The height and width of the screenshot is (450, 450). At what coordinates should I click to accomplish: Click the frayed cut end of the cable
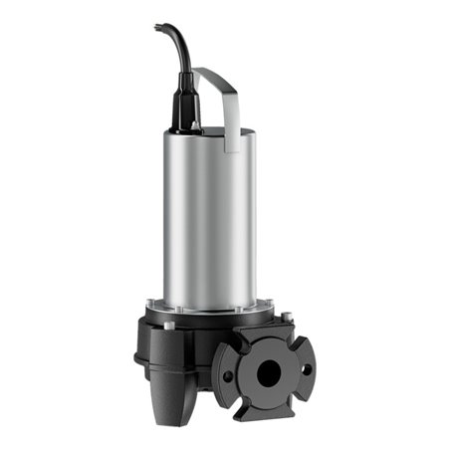coord(159,27)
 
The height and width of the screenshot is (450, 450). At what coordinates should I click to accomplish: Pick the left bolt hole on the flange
coord(229,376)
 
